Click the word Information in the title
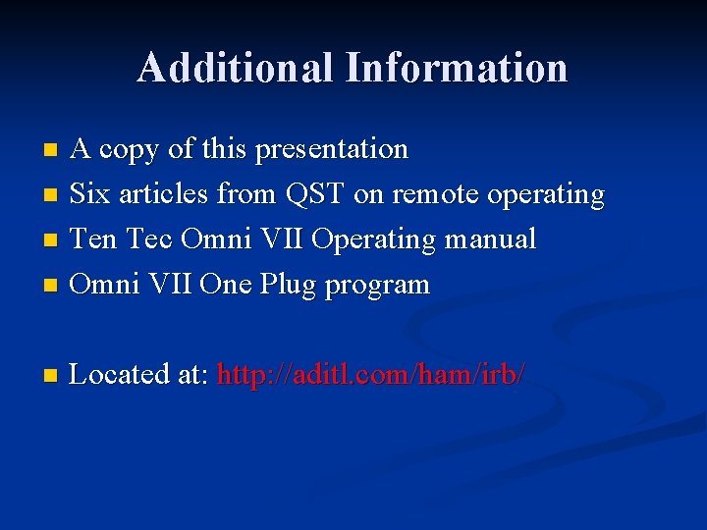[x=457, y=68]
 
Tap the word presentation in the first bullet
[x=332, y=150]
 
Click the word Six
[x=91, y=194]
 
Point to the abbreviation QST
[x=316, y=194]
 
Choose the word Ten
[x=94, y=239]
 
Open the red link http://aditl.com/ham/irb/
[x=371, y=374]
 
